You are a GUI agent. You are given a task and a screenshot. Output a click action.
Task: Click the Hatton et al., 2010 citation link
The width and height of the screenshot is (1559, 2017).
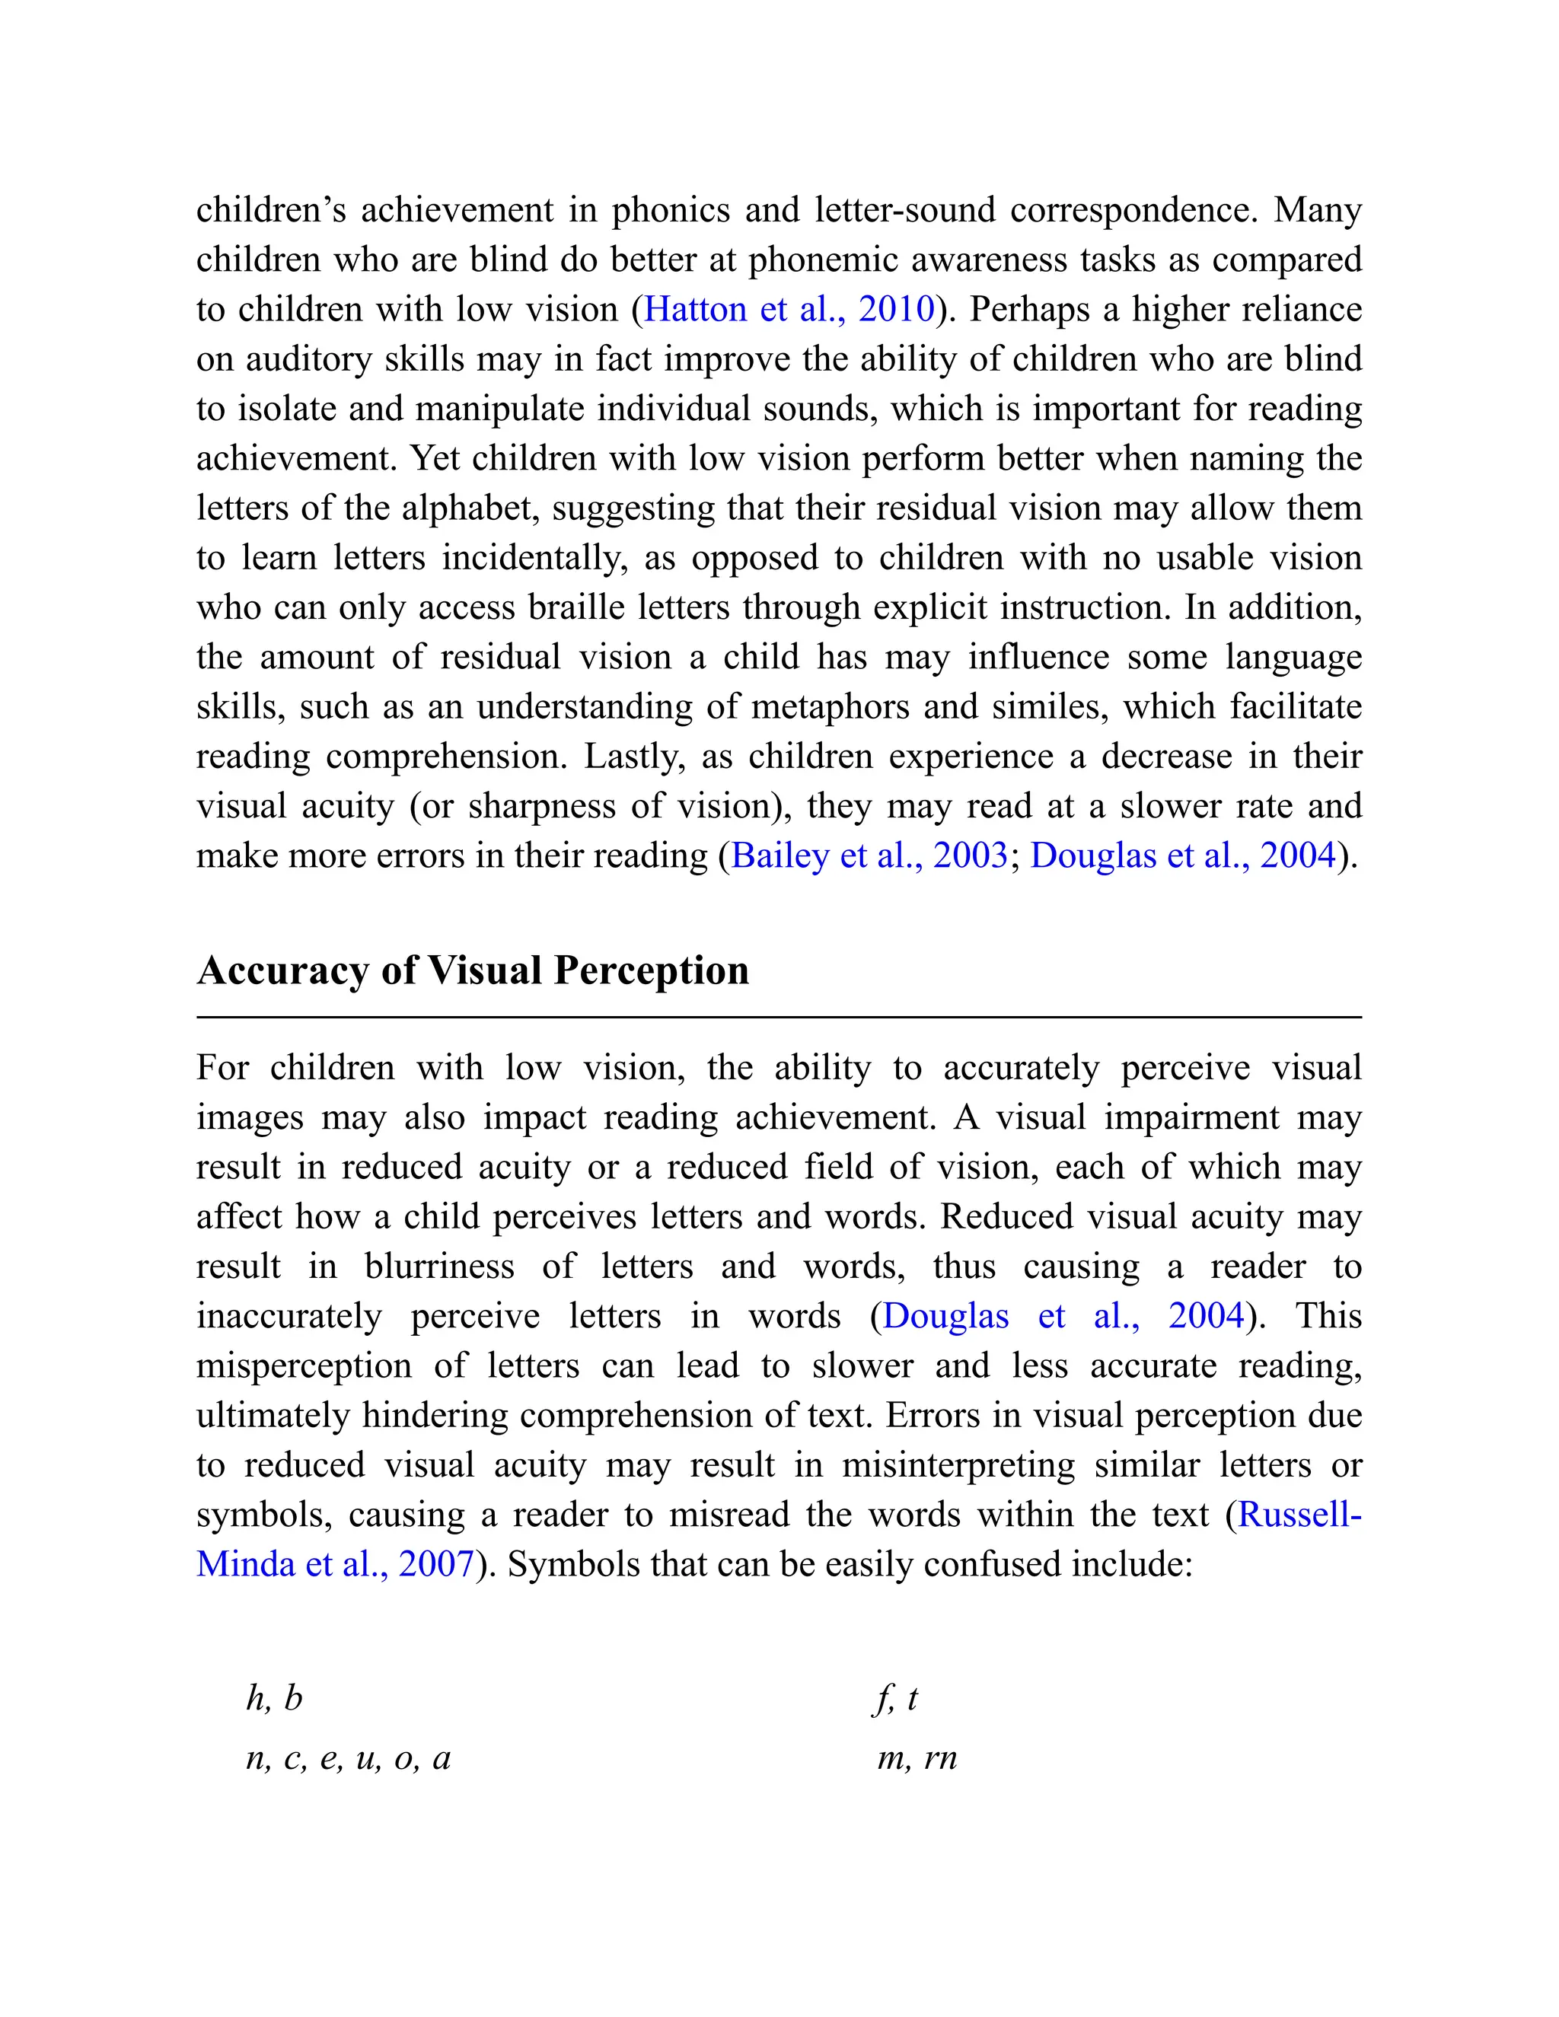point(789,309)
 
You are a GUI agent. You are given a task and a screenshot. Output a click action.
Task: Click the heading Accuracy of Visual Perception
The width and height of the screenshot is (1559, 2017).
point(472,970)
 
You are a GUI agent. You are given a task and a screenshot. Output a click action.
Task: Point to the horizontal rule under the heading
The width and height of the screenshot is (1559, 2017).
point(779,1017)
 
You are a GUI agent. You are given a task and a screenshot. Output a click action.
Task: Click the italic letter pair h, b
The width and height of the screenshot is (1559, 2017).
point(274,1697)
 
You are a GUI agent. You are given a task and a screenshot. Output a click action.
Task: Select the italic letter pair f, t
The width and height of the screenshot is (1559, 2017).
point(895,1697)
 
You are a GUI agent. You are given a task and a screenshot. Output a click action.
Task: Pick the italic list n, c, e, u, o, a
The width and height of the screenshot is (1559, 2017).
point(348,1757)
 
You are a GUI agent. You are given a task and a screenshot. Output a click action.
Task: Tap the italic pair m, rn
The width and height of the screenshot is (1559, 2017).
point(917,1757)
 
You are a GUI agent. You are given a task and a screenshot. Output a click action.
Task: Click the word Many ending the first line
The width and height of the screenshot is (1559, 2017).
point(1317,211)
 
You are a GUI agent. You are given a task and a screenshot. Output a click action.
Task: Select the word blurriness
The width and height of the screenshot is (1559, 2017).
point(440,1267)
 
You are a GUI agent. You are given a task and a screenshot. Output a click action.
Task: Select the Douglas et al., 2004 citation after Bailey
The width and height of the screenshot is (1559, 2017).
point(1183,856)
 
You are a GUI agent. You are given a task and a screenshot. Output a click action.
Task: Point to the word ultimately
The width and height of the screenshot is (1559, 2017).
point(273,1416)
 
